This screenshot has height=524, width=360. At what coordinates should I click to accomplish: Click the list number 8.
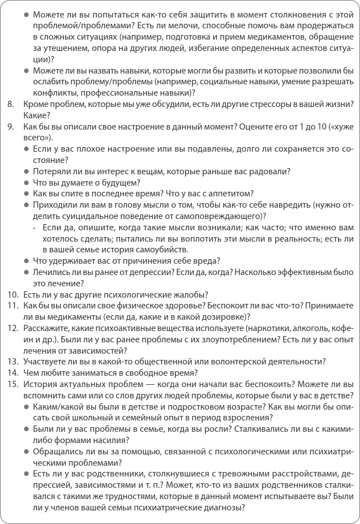(10, 104)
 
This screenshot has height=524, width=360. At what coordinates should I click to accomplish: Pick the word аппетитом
(229, 194)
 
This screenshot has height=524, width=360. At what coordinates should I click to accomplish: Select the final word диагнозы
(220, 507)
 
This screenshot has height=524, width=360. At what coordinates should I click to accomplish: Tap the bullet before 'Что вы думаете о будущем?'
(27, 183)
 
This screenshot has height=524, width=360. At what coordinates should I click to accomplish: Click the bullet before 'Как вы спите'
(27, 194)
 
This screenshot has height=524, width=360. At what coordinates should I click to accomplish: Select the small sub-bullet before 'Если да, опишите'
(35, 227)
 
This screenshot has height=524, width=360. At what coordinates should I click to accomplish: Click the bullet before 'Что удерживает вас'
(27, 261)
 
